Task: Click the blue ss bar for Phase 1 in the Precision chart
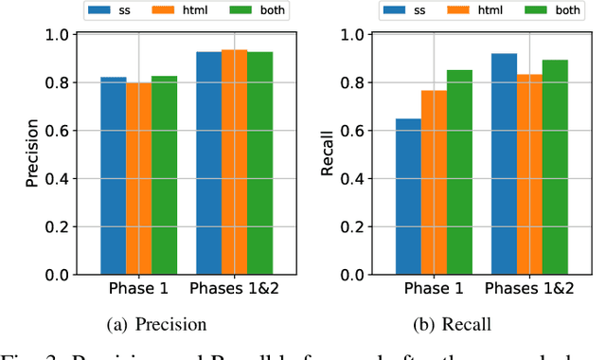(x=114, y=176)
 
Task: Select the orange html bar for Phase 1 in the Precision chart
(x=139, y=179)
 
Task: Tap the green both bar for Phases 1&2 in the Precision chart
(x=259, y=163)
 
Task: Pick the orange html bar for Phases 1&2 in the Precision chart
(x=234, y=162)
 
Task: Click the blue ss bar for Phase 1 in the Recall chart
(x=408, y=196)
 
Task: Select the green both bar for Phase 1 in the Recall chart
(x=459, y=172)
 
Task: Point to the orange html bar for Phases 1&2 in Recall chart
(x=529, y=174)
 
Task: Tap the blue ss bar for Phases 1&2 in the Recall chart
(x=504, y=164)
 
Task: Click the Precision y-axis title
(x=32, y=154)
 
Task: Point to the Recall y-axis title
(x=327, y=154)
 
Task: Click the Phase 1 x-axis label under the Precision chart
(x=139, y=290)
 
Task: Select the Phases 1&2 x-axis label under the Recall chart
(x=529, y=290)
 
